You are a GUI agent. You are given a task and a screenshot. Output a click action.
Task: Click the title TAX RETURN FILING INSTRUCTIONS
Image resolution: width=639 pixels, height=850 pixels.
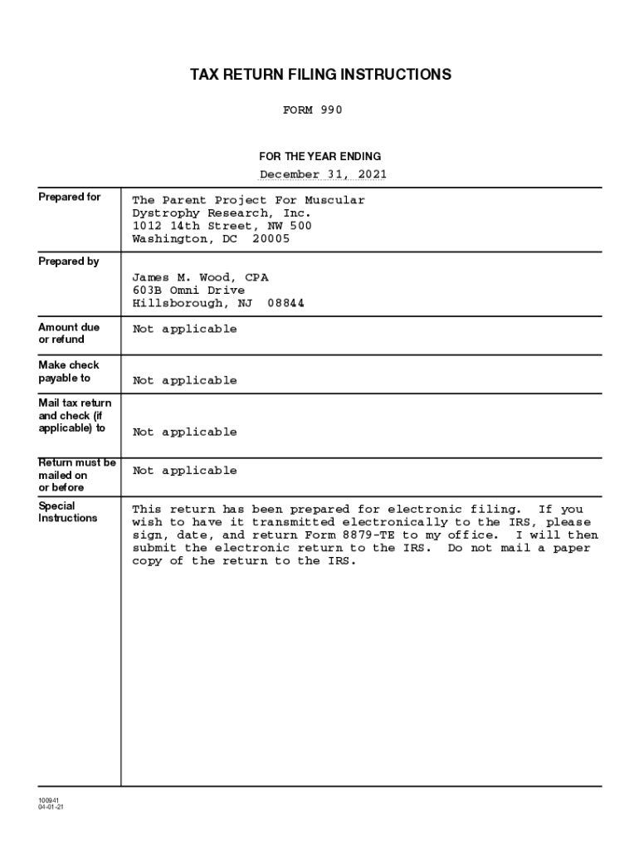tap(320, 75)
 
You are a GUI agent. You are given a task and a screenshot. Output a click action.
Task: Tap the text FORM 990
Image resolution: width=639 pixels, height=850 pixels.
tap(312, 110)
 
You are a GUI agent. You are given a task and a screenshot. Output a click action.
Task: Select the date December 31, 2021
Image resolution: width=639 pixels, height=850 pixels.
tap(323, 174)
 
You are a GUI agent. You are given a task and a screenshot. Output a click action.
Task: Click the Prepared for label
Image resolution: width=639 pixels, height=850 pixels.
tap(70, 197)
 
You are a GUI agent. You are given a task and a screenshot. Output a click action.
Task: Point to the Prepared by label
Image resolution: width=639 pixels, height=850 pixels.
tap(69, 261)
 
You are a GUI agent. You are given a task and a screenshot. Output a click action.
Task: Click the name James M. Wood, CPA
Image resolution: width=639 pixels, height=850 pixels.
tap(200, 277)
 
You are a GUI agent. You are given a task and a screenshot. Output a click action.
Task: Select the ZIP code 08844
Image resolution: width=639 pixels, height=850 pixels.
tap(285, 303)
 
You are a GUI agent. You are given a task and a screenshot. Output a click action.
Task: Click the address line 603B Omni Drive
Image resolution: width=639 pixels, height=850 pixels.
tap(188, 291)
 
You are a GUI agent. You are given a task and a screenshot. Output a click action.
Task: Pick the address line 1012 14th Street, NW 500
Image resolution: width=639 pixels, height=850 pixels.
tap(222, 226)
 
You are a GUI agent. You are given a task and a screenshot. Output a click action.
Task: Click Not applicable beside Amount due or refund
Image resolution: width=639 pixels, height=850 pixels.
tap(184, 329)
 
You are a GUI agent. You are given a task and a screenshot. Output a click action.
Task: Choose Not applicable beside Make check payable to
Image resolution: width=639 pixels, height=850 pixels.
tap(184, 380)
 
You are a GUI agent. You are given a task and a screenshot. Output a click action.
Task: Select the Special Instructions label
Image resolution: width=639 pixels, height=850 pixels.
tap(68, 512)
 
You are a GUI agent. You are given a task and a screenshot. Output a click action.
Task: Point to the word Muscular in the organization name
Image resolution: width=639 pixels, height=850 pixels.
tap(334, 200)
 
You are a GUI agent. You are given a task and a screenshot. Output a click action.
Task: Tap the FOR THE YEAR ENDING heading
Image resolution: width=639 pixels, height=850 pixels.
tap(320, 156)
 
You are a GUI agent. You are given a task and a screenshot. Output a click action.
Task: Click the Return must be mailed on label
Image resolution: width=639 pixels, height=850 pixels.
tap(77, 475)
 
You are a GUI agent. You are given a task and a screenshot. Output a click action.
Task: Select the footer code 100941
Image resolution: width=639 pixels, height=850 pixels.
tap(47, 800)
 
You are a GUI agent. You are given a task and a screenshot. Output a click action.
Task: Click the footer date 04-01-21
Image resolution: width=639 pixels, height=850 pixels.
tap(50, 808)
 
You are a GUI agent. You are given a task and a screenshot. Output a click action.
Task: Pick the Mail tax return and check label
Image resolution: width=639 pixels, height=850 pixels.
tap(75, 415)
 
